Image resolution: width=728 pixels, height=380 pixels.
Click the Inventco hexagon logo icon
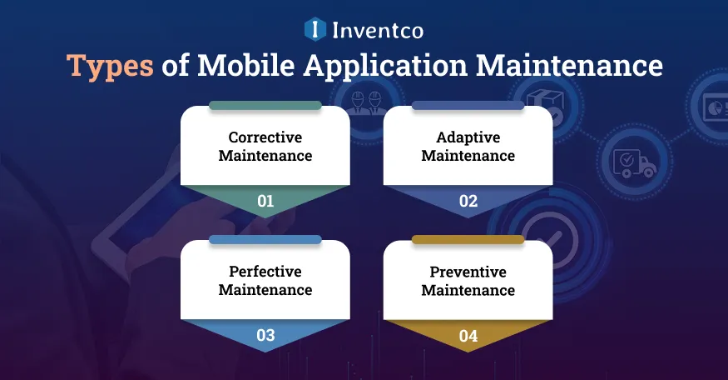tap(314, 30)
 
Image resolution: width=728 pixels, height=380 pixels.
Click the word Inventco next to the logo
tap(378, 30)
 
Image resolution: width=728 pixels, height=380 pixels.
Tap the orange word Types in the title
tap(110, 66)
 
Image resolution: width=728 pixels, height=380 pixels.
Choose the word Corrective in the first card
tap(265, 137)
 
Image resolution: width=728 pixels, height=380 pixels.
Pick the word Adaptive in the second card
tap(468, 137)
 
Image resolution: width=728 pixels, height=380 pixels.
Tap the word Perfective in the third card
tap(265, 272)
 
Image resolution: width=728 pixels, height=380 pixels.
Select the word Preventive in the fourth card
tap(468, 272)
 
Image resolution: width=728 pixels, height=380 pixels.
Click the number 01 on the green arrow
tap(265, 201)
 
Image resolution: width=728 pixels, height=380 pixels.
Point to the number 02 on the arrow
tap(468, 201)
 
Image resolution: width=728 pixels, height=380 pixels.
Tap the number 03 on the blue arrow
tap(265, 336)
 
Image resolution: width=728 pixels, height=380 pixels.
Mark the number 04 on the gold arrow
tap(468, 336)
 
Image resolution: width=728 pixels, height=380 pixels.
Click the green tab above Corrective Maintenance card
tap(265, 106)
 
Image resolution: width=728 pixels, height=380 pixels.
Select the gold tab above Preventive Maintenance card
tap(468, 240)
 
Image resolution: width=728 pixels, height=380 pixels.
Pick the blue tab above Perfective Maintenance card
tap(265, 240)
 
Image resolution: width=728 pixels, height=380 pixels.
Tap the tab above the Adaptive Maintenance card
tap(468, 106)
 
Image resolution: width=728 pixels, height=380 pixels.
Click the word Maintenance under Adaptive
tap(468, 156)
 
